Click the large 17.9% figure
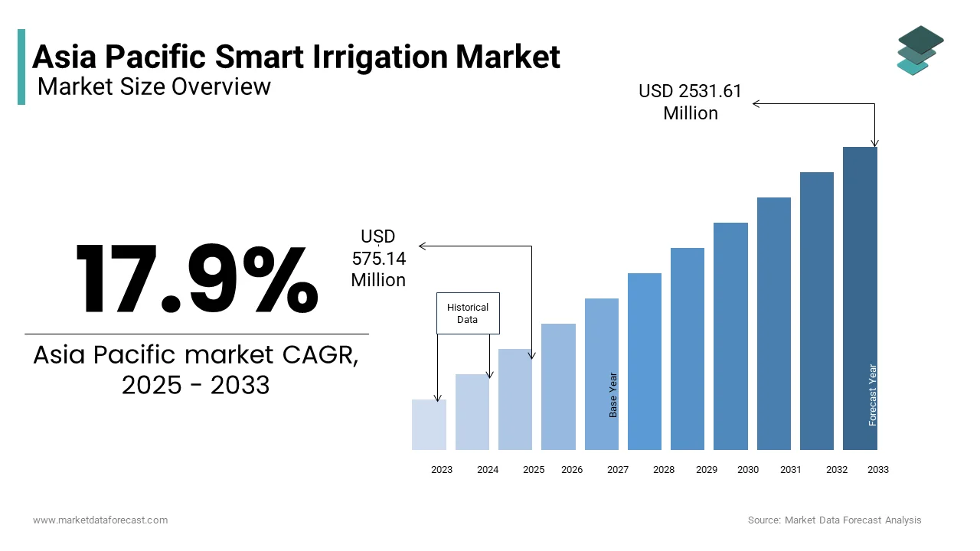pos(197,279)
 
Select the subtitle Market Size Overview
pos(154,86)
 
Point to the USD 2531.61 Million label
pos(690,102)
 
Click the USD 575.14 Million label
pos(378,259)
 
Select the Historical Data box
pos(468,313)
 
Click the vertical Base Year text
pos(613,395)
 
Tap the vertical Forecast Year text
pos(872,395)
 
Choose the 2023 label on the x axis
pos(442,470)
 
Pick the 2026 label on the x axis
pos(572,470)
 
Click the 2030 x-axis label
pos(747,470)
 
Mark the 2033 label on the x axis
pos(877,470)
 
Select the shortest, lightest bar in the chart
pos(429,425)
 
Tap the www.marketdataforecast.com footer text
pos(100,520)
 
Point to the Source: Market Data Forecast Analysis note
pos(835,520)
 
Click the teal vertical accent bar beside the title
pos(21,67)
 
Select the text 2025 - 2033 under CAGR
pos(196,385)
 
